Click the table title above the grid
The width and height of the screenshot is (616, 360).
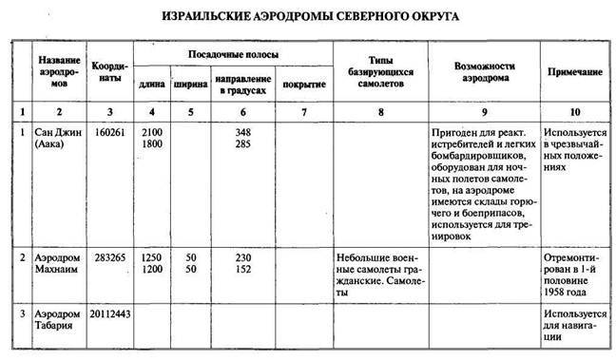pyautogui.click(x=309, y=16)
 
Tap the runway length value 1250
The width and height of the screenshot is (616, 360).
pyautogui.click(x=149, y=257)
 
